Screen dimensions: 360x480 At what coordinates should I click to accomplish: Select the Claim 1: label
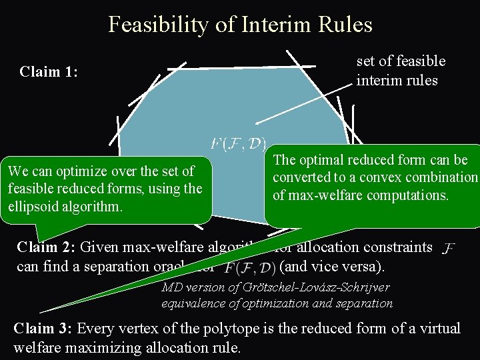(49, 71)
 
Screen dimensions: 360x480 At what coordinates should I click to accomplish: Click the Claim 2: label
(45, 247)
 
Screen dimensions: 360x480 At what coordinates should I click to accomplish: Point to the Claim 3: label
(43, 329)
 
